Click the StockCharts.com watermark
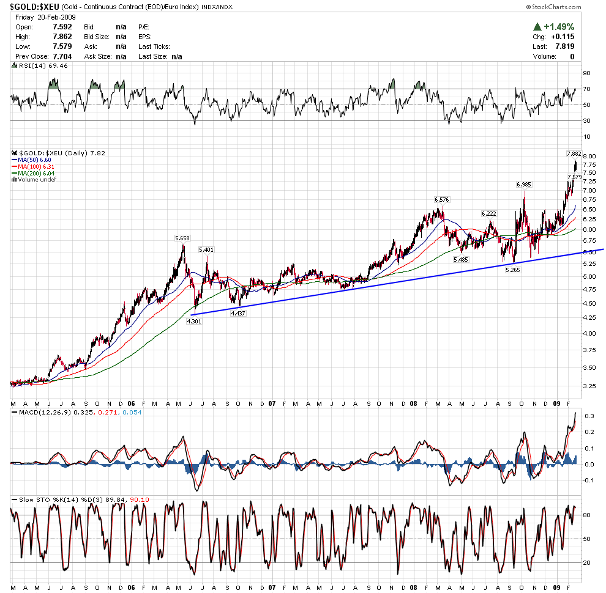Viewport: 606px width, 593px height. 553,7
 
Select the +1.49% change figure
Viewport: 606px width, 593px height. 558,26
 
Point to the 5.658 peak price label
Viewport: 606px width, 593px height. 182,238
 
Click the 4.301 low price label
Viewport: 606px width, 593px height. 194,320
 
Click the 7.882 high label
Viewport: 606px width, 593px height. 574,153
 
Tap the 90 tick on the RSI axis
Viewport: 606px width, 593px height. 586,73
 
